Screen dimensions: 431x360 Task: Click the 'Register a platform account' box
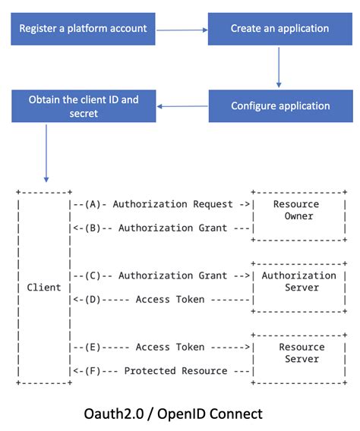83,29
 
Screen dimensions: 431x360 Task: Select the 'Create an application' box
280,29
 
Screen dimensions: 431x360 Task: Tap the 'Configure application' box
280,105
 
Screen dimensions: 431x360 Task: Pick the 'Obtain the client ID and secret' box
83,106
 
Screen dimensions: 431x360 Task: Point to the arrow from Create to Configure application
279,66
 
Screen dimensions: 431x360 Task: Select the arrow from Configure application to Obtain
182,106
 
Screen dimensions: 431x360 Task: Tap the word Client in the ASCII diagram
44,288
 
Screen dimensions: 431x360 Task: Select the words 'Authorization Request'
178,204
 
